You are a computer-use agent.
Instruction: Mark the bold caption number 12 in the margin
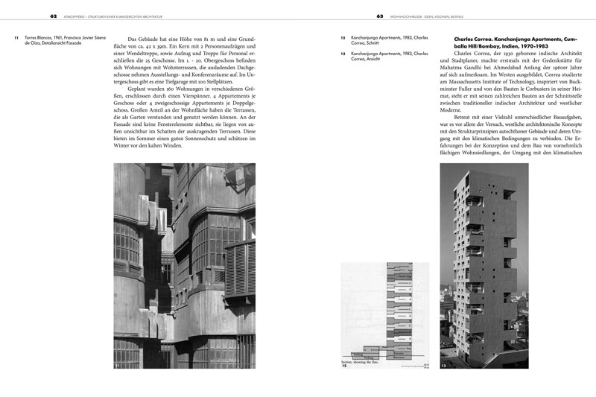pos(343,37)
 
